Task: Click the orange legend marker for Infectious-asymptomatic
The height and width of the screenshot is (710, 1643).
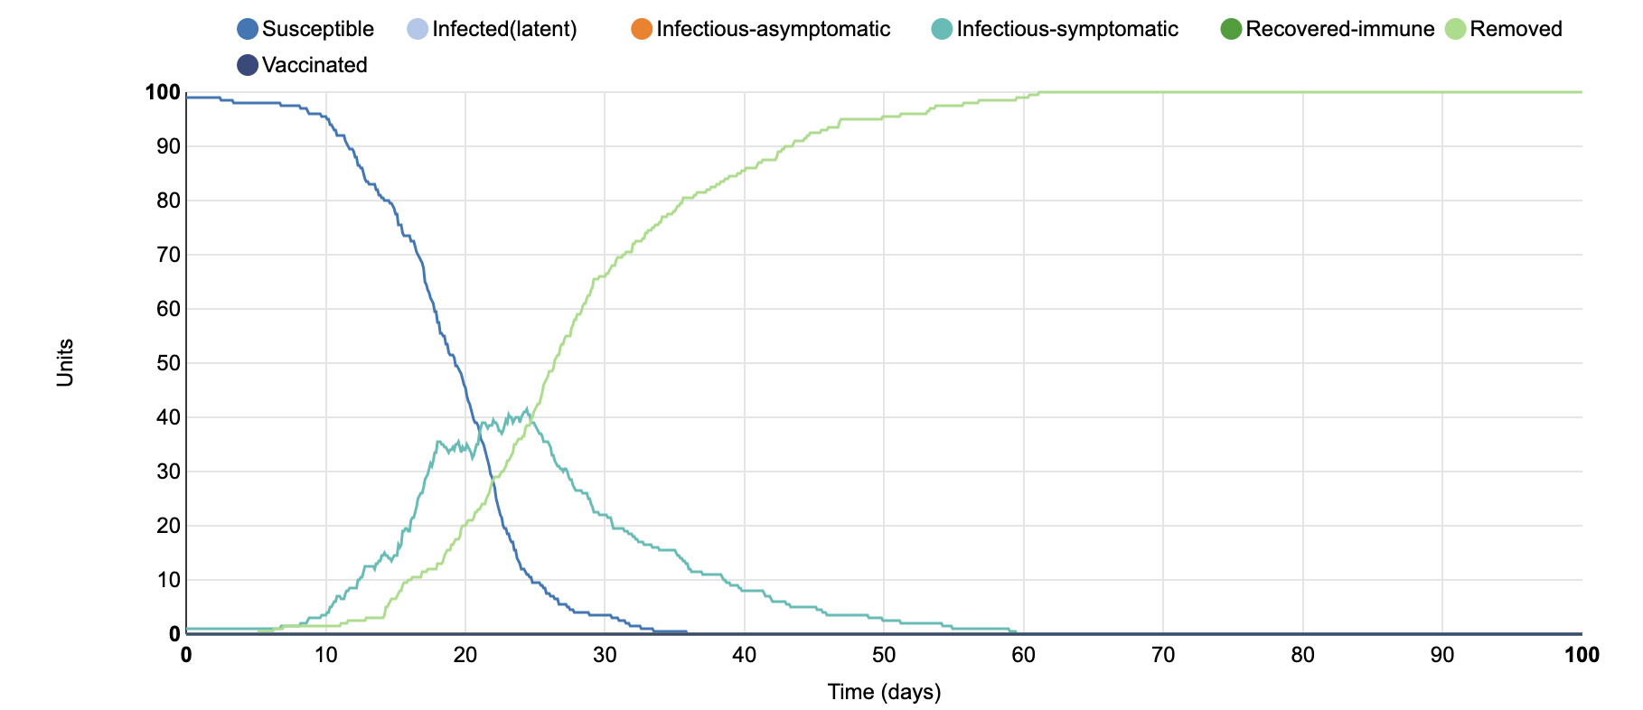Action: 642,29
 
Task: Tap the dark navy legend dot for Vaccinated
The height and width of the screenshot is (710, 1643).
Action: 248,65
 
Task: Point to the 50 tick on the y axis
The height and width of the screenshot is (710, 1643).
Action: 168,363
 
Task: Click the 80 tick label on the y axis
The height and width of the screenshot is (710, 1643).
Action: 168,201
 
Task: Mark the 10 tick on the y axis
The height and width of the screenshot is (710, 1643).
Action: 168,580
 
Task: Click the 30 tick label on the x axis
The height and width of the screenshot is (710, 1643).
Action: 605,655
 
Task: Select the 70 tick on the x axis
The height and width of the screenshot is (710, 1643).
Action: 1163,655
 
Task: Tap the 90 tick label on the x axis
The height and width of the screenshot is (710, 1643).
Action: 1442,655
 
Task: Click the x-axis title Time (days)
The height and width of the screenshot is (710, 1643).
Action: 884,692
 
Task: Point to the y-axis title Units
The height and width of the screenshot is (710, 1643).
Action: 65,363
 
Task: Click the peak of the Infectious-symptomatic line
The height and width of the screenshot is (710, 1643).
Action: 526,409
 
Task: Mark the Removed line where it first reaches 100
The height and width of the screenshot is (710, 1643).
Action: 1039,92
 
